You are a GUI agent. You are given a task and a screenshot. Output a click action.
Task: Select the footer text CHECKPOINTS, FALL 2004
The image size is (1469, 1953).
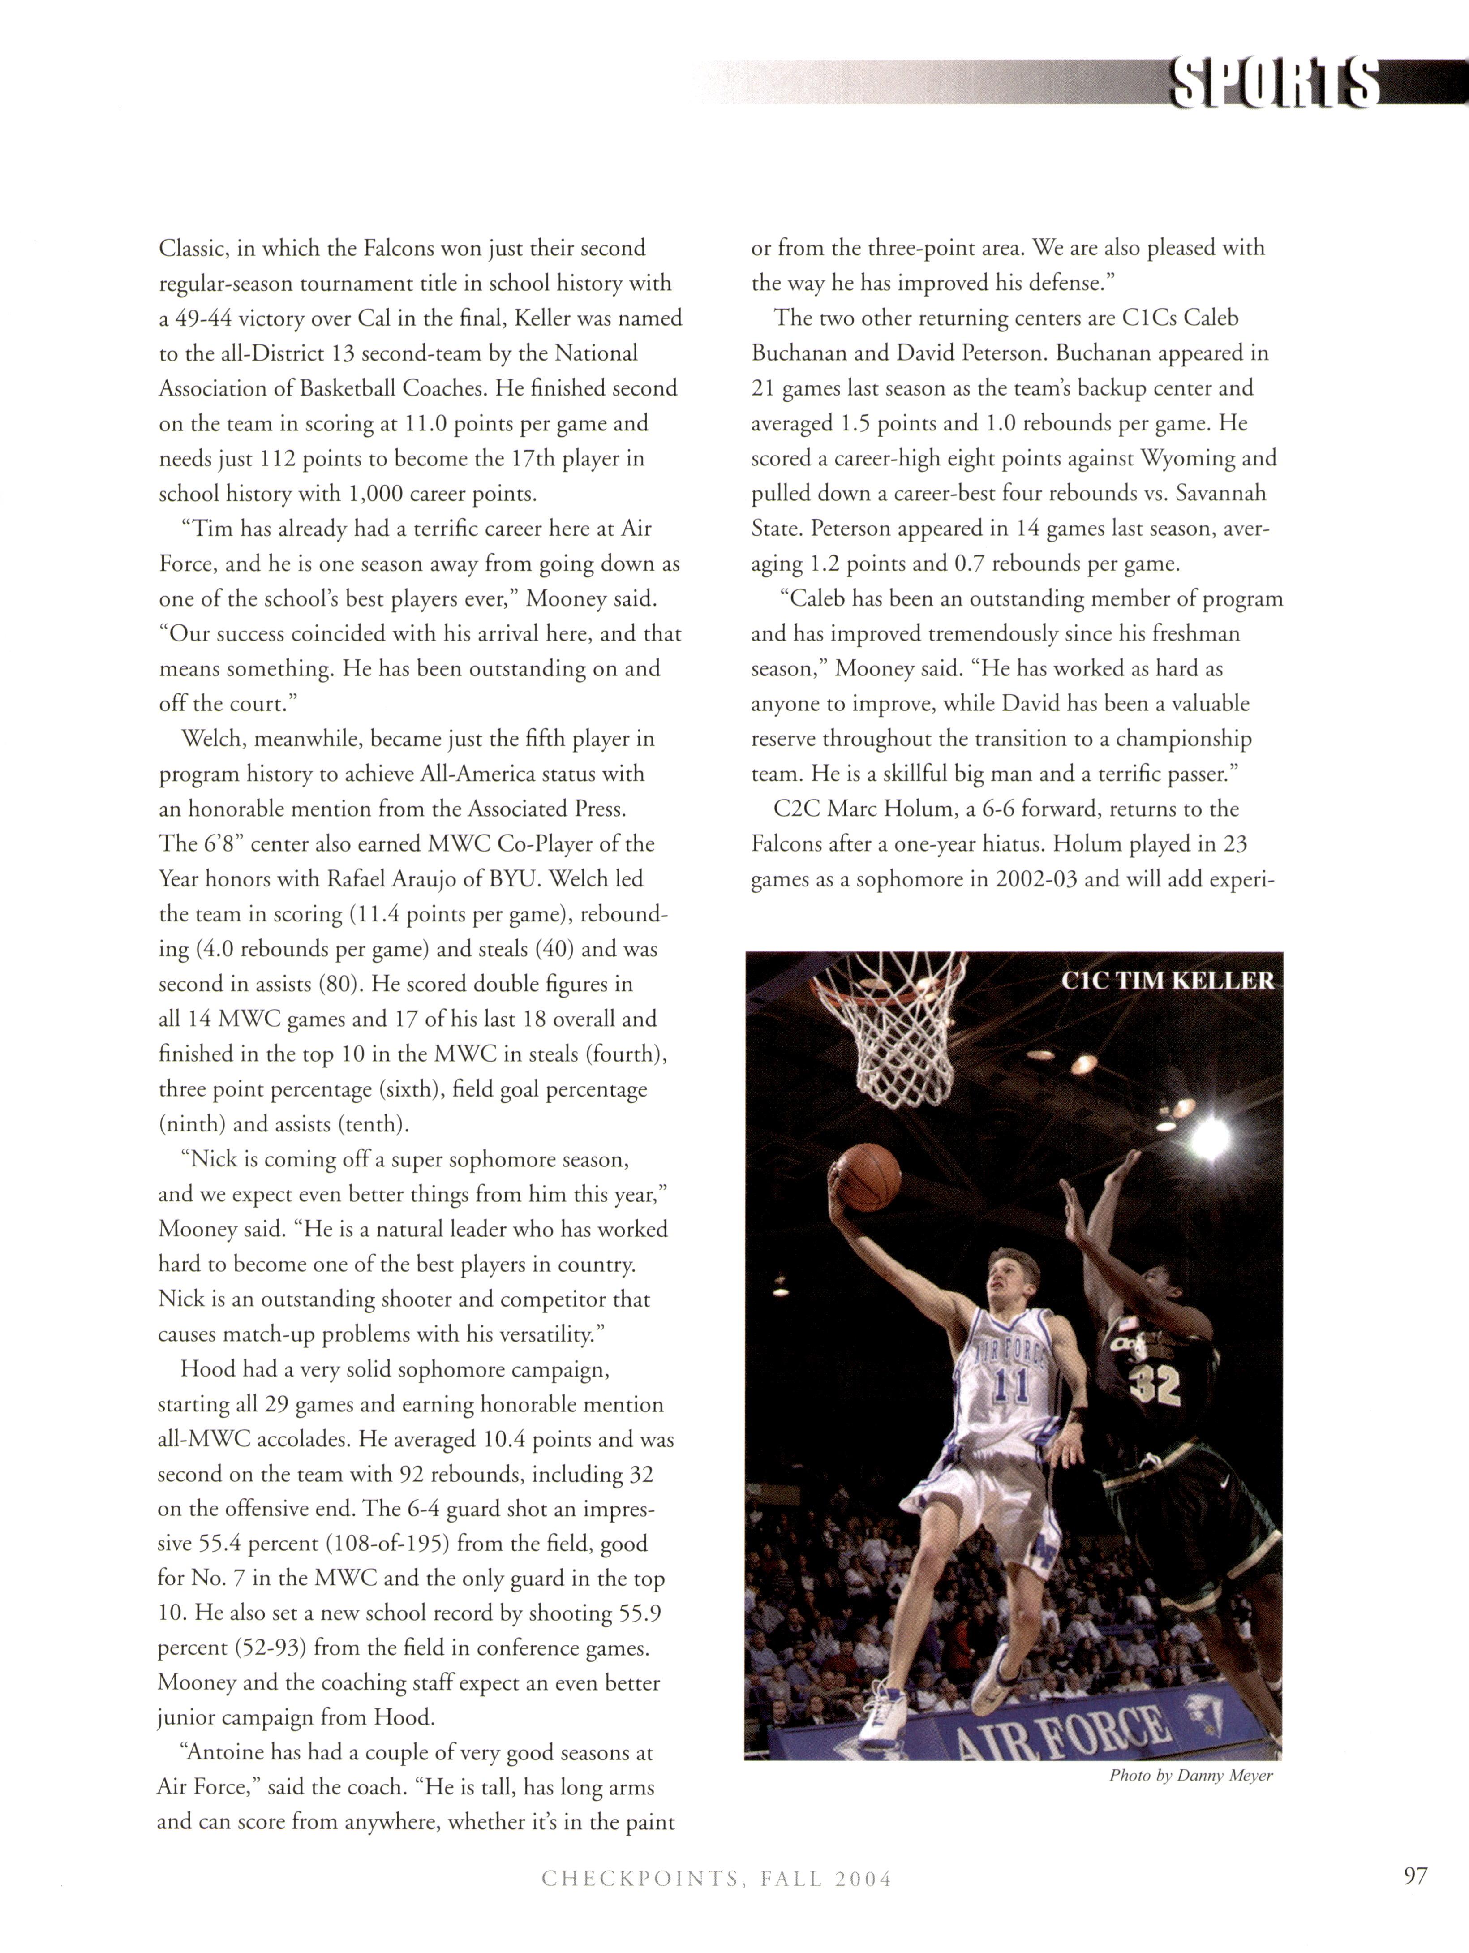(716, 1904)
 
